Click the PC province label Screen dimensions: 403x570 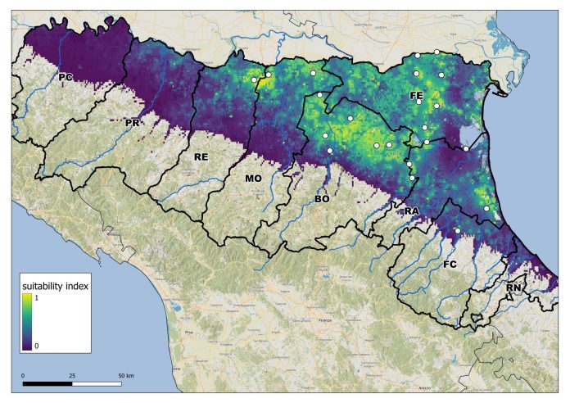(x=66, y=76)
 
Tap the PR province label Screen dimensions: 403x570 (x=133, y=122)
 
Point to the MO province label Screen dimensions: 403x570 (x=253, y=177)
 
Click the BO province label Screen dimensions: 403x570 (x=322, y=198)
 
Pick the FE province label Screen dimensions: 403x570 (x=416, y=96)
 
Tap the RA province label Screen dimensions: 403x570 (x=412, y=211)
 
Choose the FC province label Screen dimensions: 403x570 (x=450, y=265)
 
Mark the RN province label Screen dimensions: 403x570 (x=513, y=288)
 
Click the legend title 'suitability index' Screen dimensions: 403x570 (x=55, y=287)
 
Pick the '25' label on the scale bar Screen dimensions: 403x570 (x=71, y=375)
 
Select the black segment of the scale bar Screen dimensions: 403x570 (x=47, y=383)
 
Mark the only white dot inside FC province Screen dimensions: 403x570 (x=457, y=231)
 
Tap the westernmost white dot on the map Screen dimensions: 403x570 (x=255, y=79)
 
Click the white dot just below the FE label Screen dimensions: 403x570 (x=419, y=102)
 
